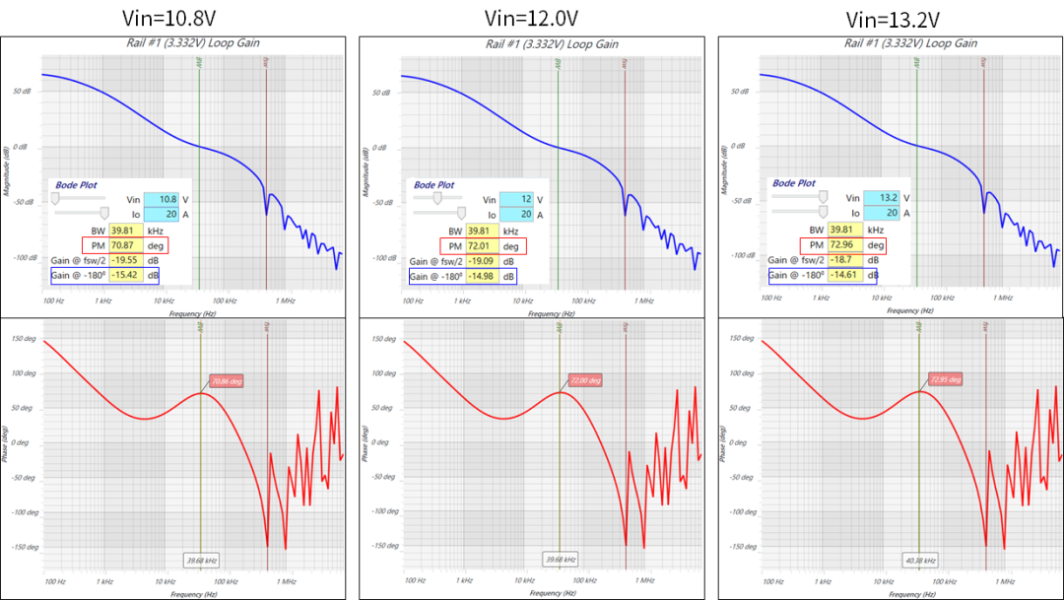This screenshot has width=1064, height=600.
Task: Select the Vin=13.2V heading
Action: (x=893, y=20)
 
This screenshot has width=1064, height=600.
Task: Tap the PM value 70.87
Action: (x=124, y=245)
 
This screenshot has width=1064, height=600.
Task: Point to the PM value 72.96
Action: (x=843, y=245)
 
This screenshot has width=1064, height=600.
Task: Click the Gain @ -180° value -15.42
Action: (x=124, y=276)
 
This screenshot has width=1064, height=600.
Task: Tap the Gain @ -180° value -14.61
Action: (x=843, y=276)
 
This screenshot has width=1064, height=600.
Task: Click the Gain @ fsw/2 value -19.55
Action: (x=124, y=260)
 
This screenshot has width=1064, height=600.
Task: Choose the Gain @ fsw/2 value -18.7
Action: (x=843, y=260)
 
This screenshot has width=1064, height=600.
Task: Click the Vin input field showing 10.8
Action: (x=161, y=198)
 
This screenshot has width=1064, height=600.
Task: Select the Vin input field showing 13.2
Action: (x=880, y=198)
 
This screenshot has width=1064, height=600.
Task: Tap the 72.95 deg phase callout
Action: (x=945, y=379)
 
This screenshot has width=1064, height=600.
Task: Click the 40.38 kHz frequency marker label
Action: (x=919, y=560)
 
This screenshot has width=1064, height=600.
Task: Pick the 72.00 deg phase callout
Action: (x=584, y=380)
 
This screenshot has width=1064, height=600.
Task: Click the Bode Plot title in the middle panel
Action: (x=433, y=184)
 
